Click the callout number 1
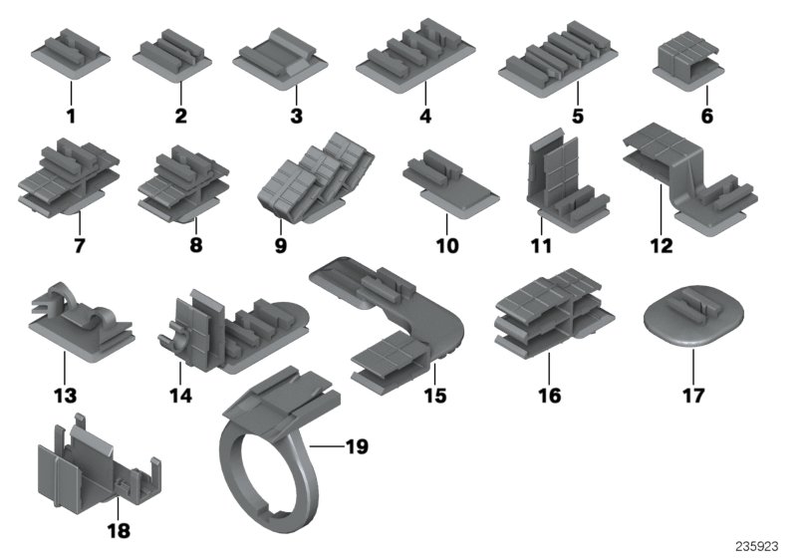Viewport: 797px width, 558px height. click(71, 118)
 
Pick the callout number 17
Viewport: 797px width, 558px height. click(693, 396)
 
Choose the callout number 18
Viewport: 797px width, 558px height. click(118, 531)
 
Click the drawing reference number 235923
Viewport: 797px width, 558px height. click(756, 545)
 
